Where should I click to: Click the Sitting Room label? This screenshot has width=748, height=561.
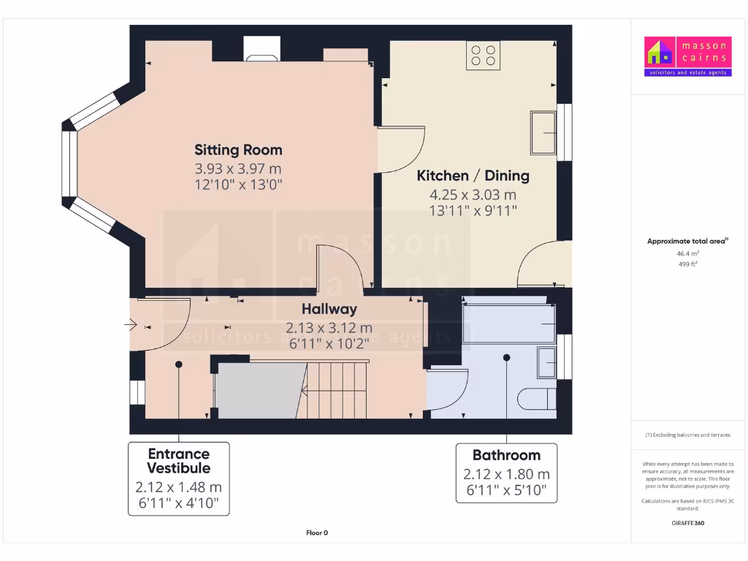(238, 150)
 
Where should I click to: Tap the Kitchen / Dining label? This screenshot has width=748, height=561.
(473, 176)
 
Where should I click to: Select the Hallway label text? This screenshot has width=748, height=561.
(329, 309)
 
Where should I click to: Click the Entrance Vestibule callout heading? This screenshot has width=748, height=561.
(178, 461)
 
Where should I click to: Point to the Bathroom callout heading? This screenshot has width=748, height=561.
(506, 455)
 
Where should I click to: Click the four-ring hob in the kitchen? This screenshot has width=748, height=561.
(484, 56)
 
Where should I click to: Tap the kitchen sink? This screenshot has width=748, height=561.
(543, 132)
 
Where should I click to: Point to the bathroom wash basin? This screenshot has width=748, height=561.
(546, 362)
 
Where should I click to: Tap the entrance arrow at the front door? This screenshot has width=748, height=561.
(131, 324)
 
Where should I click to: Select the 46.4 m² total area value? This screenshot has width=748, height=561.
(687, 253)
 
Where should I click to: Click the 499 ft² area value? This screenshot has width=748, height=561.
(687, 265)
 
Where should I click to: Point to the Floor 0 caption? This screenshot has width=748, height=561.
(317, 533)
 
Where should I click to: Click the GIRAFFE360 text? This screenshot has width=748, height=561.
(687, 523)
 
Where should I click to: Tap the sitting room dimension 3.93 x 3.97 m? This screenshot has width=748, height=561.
(238, 169)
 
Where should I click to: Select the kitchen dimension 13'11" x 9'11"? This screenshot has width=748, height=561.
(473, 211)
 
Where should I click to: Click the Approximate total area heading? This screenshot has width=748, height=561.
(687, 241)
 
